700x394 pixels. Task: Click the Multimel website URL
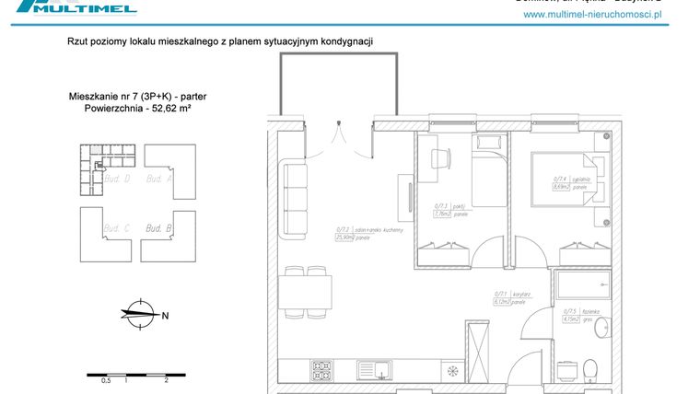593,16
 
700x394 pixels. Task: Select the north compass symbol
137,314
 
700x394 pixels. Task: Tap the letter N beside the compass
165,316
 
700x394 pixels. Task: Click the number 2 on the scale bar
165,379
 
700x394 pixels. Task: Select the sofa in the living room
295,201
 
